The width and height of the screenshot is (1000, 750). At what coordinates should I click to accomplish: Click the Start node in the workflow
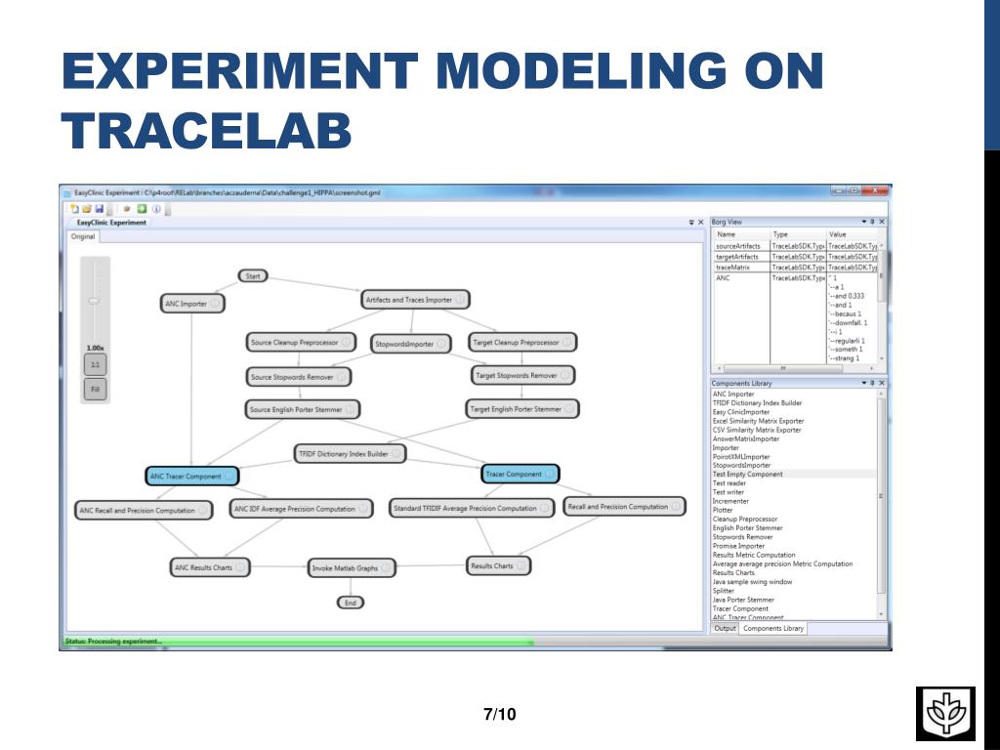[253, 276]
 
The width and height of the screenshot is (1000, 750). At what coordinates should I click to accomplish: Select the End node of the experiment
[351, 603]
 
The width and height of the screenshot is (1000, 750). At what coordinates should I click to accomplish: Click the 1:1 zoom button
[95, 365]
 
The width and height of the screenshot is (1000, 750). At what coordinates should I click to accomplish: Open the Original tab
[83, 236]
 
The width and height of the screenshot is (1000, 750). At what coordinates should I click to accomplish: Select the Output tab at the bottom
[725, 629]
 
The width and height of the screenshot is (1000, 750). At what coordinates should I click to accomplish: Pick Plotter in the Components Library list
[723, 510]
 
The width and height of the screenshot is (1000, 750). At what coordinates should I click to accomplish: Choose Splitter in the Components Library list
[724, 591]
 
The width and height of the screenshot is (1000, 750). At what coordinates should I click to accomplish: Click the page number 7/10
[500, 715]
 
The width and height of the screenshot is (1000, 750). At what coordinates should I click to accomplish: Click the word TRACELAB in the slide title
[206, 131]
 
